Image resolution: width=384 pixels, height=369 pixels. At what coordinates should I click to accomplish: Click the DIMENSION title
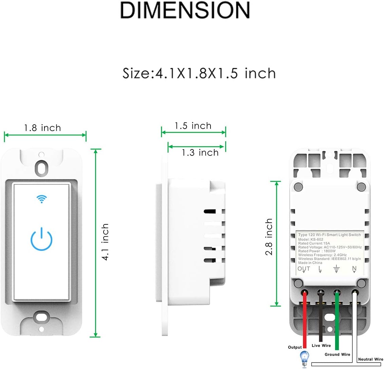click(x=185, y=10)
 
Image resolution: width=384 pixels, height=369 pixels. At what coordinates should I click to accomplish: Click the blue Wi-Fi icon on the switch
click(x=42, y=199)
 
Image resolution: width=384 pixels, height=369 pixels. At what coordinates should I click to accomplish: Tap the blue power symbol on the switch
click(x=41, y=239)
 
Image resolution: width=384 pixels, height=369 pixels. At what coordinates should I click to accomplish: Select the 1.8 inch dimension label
click(x=42, y=128)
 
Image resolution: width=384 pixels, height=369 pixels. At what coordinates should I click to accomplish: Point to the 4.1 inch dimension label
click(x=105, y=242)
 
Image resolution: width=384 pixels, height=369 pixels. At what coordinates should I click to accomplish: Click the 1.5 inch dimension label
click(x=193, y=126)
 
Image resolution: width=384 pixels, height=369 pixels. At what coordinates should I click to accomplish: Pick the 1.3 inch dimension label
click(x=200, y=152)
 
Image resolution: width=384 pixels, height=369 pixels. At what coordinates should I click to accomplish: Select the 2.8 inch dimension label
click(x=269, y=237)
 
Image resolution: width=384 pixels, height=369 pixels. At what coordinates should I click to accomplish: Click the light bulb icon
click(x=305, y=359)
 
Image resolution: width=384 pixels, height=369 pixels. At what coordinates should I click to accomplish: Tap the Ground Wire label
click(x=337, y=354)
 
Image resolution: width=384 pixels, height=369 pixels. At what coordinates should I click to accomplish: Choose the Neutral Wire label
click(x=370, y=359)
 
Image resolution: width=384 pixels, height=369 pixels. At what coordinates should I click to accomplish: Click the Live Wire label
click(x=321, y=346)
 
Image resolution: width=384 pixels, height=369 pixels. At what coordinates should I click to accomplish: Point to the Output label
click(x=295, y=347)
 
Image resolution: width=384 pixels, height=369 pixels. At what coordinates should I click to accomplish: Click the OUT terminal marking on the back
click(x=304, y=269)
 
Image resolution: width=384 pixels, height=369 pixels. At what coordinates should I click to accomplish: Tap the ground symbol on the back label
click(x=336, y=269)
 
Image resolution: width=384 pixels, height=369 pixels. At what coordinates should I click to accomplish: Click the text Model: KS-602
click(x=311, y=239)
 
